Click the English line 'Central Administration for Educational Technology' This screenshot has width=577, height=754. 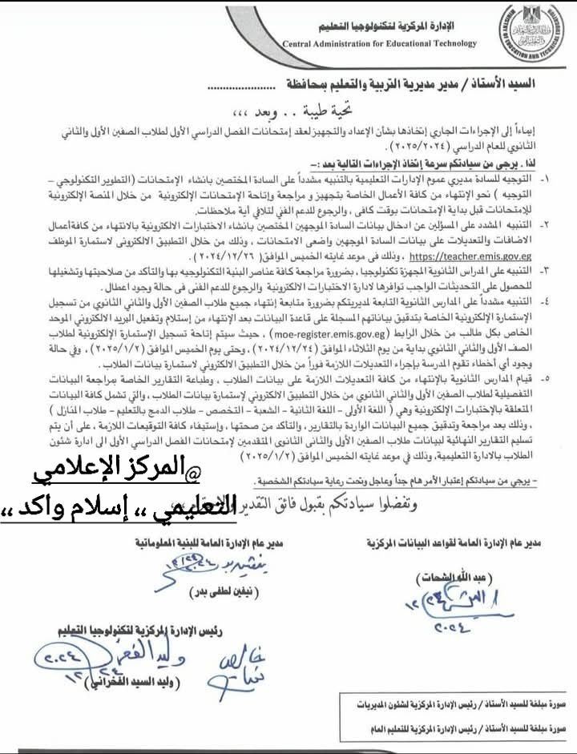pyautogui.click(x=379, y=44)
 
